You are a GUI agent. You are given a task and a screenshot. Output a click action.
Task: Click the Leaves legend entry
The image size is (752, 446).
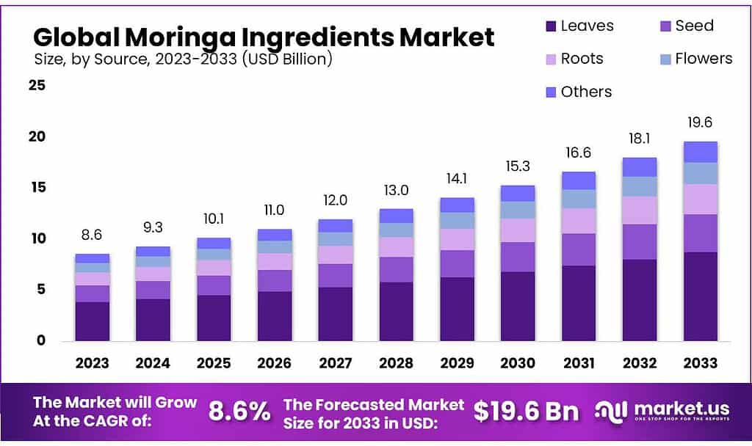coord(580,26)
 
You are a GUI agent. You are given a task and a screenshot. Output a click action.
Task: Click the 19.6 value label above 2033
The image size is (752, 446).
coord(700,123)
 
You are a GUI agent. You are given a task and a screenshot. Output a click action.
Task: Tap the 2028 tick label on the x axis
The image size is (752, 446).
coord(396,363)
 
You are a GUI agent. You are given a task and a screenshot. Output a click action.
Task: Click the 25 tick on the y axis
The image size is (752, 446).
coord(37,86)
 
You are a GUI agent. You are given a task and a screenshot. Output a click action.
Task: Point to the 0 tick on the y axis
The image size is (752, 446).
coord(41,340)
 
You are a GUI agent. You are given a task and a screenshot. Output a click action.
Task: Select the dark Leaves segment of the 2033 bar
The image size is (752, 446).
coord(700,296)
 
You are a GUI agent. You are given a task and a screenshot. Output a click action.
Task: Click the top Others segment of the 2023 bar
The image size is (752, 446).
coord(92,258)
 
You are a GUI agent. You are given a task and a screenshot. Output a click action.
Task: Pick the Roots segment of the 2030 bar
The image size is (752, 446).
coord(517,230)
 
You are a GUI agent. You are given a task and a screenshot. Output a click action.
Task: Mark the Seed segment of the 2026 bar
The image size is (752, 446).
coord(275,281)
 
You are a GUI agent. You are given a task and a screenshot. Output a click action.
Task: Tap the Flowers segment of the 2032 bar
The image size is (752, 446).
coord(639,186)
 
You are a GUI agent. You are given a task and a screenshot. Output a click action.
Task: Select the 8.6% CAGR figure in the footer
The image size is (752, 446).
coord(239,411)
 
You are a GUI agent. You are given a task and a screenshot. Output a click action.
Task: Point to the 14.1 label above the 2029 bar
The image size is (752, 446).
coord(457,180)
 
